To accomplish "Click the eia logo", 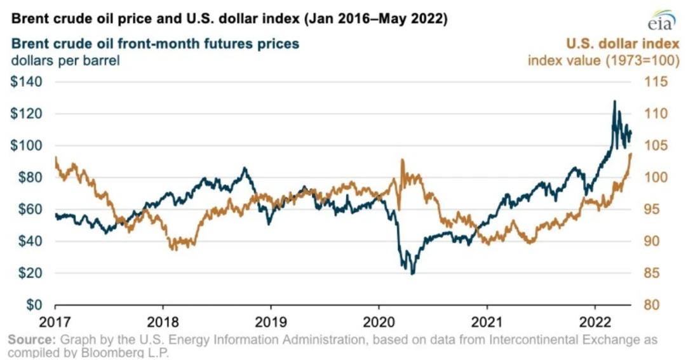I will pyautogui.click(x=659, y=21).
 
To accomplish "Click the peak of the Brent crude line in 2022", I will pyautogui.click(x=614, y=101).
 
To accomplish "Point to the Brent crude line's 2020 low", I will pyautogui.click(x=412, y=273).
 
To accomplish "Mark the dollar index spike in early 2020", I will pyautogui.click(x=402, y=160).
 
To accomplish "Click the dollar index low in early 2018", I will pyautogui.click(x=175, y=249).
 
